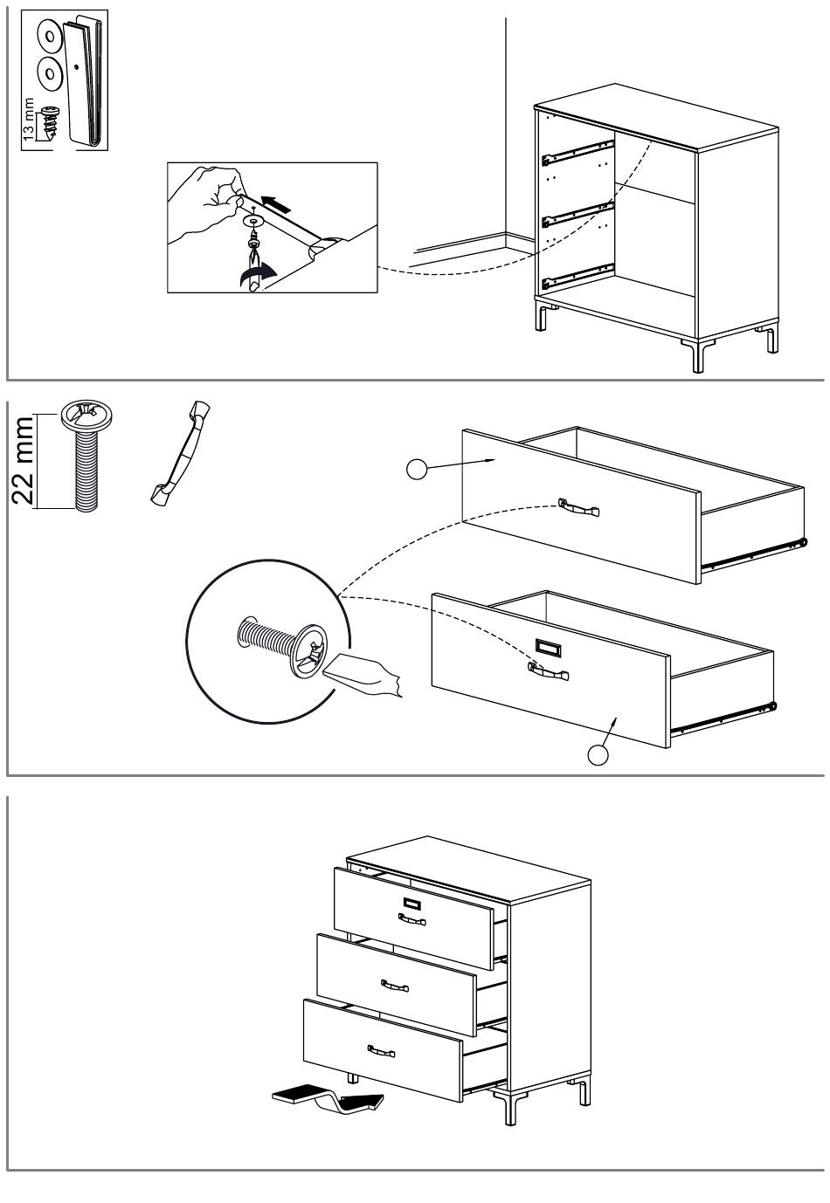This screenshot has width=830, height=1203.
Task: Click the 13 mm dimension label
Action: click(x=29, y=116)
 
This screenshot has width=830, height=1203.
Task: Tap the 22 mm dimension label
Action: click(x=23, y=461)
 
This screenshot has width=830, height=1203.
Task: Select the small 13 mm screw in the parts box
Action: click(x=50, y=120)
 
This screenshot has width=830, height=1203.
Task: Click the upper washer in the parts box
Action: click(x=49, y=37)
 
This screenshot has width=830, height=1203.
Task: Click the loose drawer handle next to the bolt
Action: click(x=180, y=454)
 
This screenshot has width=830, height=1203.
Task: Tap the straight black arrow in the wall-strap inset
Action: click(x=280, y=204)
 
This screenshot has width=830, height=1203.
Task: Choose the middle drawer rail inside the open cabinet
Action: click(x=578, y=213)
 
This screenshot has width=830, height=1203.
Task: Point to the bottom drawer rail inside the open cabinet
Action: click(x=578, y=276)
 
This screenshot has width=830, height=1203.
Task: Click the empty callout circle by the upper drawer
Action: click(x=417, y=470)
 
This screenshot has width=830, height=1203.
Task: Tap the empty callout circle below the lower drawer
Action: click(x=598, y=755)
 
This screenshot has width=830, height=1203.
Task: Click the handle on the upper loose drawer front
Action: click(x=578, y=506)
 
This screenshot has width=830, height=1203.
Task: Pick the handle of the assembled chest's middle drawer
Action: click(x=395, y=986)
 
